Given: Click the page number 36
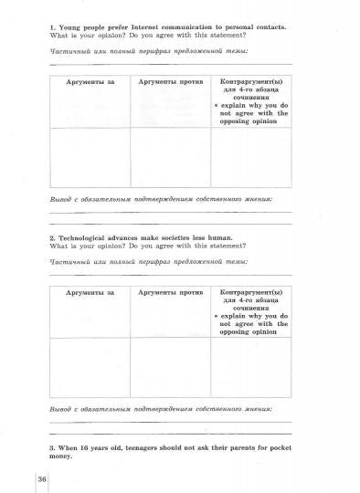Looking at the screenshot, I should click(42, 480).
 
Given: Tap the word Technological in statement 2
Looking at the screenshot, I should click(85, 237).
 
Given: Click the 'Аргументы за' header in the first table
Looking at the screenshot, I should click(90, 82).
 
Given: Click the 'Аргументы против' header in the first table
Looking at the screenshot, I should click(169, 82).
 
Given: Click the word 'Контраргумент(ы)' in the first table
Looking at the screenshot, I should click(253, 82).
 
